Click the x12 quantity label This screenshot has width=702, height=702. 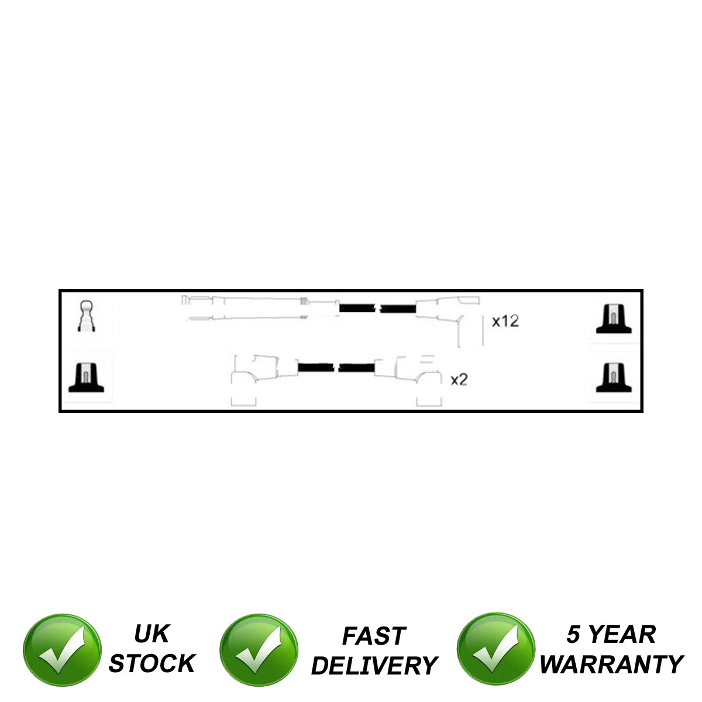505,321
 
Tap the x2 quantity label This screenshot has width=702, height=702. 459,380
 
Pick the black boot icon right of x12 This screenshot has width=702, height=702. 613,319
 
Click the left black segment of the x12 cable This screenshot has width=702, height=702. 358,308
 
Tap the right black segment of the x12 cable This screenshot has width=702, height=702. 398,308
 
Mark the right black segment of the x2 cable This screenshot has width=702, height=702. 356,368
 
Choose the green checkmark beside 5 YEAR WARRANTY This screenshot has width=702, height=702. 495,651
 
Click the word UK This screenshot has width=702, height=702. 152,634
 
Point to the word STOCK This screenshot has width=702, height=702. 152,663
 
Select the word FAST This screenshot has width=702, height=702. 373,636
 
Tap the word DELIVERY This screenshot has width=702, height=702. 374,666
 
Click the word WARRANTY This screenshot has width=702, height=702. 611,665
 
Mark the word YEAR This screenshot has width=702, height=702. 622,635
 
